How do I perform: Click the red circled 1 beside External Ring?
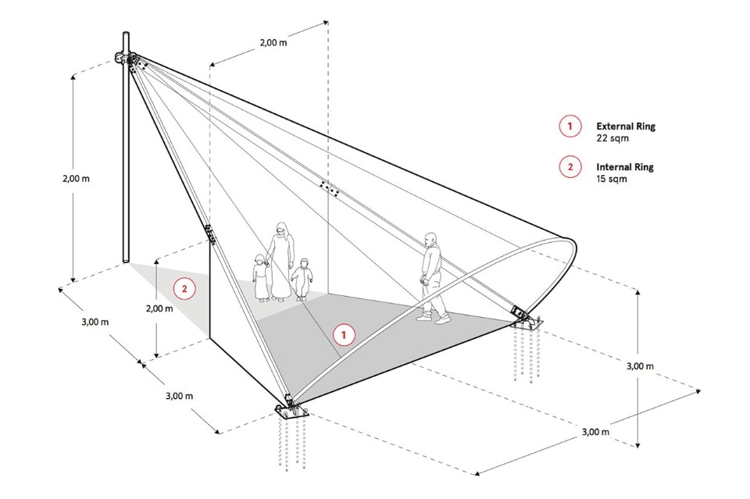(x=570, y=126)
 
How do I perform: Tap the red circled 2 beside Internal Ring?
(x=570, y=166)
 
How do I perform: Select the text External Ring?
(x=625, y=126)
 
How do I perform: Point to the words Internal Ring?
(x=625, y=166)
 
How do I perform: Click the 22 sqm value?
(x=612, y=138)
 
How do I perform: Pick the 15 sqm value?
(x=612, y=179)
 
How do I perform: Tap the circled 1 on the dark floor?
(x=343, y=334)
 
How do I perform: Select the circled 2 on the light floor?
(x=184, y=289)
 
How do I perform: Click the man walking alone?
(x=433, y=277)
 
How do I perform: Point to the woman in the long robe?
(x=282, y=262)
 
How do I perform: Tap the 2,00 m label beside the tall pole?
(x=75, y=178)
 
